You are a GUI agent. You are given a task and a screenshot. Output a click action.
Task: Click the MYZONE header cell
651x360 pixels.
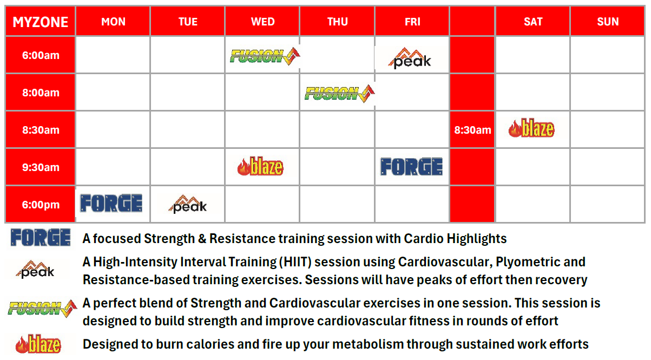click(x=41, y=22)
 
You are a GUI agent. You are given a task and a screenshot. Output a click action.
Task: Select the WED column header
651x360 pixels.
click(x=262, y=22)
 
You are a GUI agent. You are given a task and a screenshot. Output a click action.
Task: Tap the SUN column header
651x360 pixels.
click(x=607, y=22)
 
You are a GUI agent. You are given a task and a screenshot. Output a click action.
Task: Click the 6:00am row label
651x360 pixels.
click(x=41, y=55)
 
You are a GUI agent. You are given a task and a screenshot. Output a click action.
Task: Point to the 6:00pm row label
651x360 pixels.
click(x=41, y=205)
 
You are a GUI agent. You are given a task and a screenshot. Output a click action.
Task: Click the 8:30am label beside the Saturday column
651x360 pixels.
click(x=472, y=130)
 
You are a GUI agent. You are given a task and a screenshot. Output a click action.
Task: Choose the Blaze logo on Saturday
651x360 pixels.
click(x=531, y=129)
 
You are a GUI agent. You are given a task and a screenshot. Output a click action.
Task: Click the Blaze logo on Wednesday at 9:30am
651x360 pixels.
click(x=260, y=166)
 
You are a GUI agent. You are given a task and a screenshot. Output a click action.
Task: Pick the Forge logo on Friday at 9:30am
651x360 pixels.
click(x=411, y=167)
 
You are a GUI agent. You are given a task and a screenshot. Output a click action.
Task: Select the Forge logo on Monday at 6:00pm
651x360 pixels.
click(x=111, y=204)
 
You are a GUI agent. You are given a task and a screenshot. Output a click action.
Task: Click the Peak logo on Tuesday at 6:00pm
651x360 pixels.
click(x=188, y=204)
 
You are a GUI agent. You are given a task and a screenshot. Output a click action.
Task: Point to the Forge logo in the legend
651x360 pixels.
click(x=41, y=238)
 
